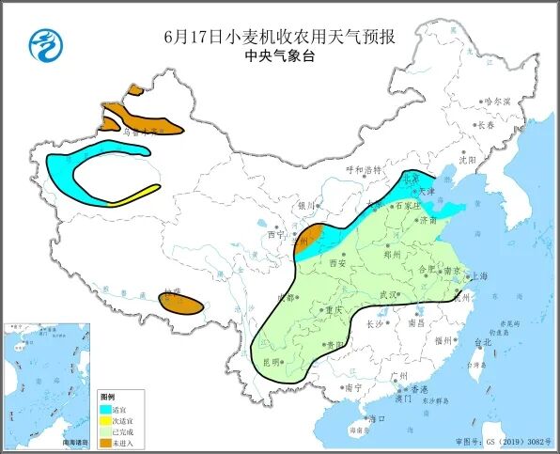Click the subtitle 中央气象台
pyautogui.click(x=279, y=56)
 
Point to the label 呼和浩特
pyautogui.click(x=364, y=170)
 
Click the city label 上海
pyautogui.click(x=478, y=276)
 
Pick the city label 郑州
pyautogui.click(x=393, y=255)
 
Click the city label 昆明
pyautogui.click(x=272, y=361)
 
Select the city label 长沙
pyautogui.click(x=373, y=323)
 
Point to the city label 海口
pyautogui.click(x=377, y=417)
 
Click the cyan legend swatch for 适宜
pyautogui.click(x=107, y=409)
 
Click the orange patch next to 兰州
pyautogui.click(x=311, y=234)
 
